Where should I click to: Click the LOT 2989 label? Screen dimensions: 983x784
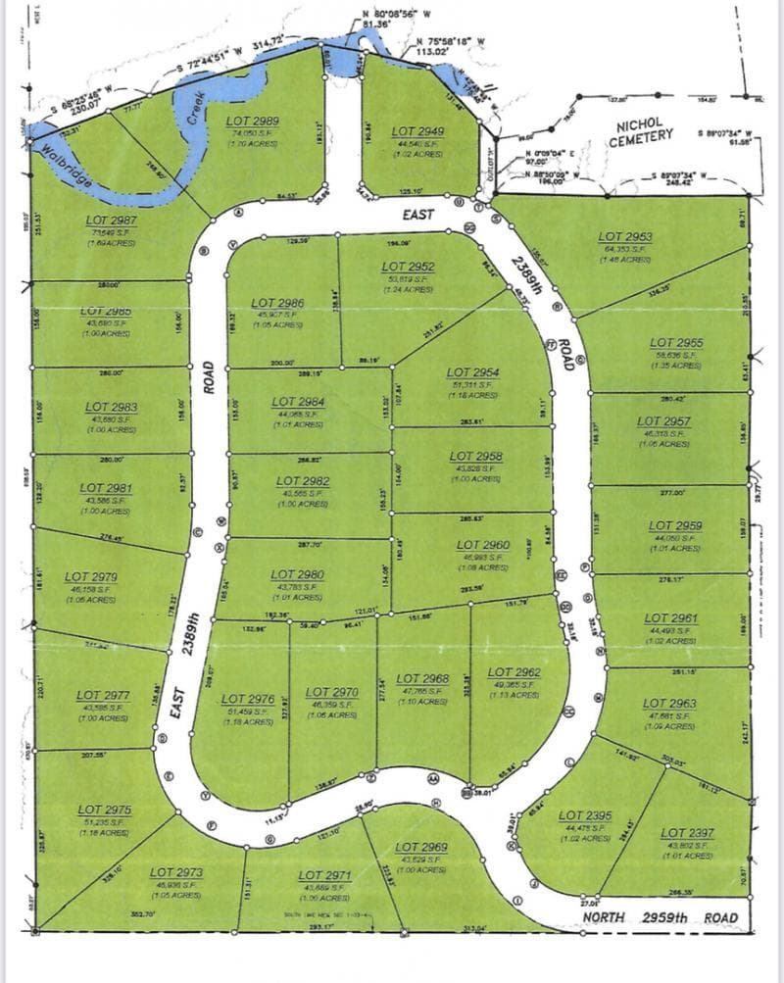[254, 122]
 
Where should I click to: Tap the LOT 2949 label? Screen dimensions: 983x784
[418, 130]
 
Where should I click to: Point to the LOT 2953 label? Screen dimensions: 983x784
[624, 236]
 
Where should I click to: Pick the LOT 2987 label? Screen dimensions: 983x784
[109, 221]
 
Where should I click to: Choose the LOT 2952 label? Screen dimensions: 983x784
[409, 267]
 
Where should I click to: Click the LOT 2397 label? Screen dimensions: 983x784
[687, 832]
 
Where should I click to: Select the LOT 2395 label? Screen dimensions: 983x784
[585, 815]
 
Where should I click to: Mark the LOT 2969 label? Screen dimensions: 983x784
[421, 847]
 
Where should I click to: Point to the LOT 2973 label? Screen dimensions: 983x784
[176, 871]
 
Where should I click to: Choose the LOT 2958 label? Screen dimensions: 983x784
[476, 456]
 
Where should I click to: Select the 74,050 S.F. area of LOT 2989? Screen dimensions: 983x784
[254, 133]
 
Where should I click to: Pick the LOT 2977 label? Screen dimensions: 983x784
[103, 696]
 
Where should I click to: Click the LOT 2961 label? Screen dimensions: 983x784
[671, 618]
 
